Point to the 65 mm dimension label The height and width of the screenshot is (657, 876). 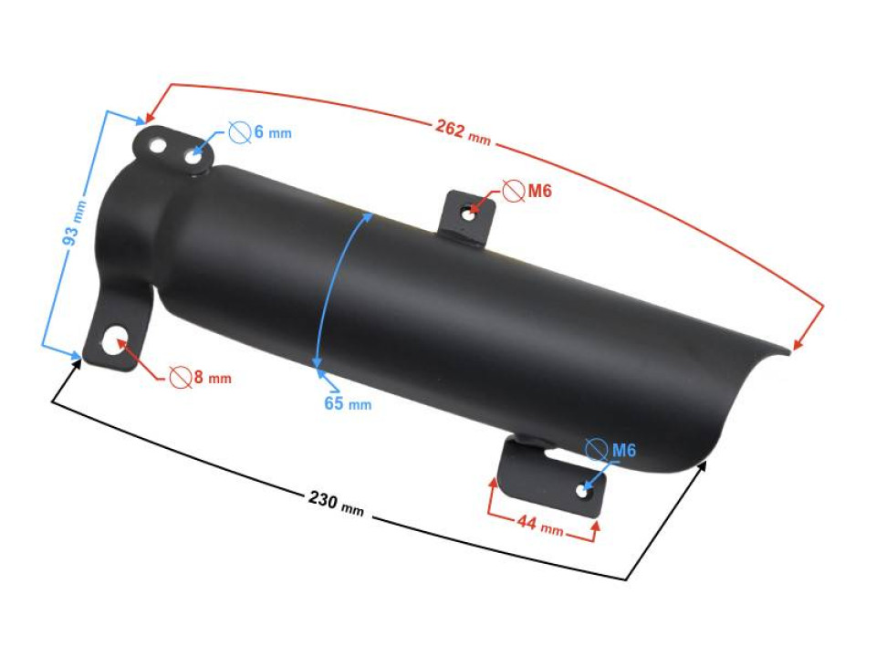click(348, 402)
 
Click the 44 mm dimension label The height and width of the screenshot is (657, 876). click(538, 526)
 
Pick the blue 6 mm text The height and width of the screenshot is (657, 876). click(272, 133)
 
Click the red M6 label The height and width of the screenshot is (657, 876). click(540, 191)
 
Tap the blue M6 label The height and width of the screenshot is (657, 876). click(623, 450)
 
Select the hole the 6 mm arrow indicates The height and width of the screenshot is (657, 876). click(193, 158)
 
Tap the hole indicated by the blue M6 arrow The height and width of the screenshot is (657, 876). click(582, 491)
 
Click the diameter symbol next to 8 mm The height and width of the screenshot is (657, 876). click(180, 376)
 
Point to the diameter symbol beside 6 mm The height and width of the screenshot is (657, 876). click(239, 132)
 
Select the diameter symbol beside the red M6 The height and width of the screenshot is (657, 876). click(514, 191)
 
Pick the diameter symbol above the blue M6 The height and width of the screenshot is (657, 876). click(595, 449)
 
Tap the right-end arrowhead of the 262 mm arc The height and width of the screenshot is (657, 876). click(797, 345)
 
